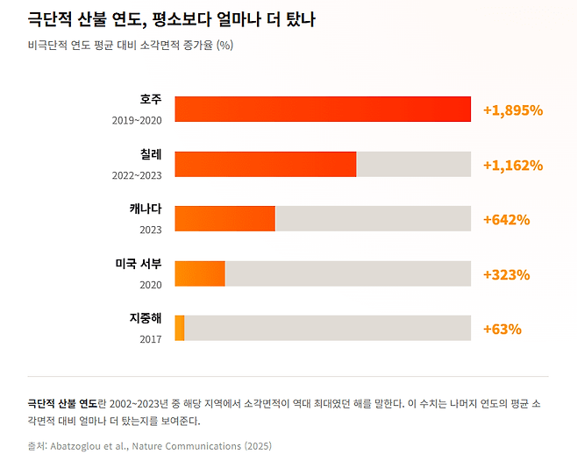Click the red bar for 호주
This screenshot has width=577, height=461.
point(323,110)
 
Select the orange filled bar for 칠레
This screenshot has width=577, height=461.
point(266,164)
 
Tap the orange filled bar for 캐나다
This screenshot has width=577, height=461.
point(225,218)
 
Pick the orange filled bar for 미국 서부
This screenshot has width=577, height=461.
point(200,273)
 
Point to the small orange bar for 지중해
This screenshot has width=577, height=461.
point(180,328)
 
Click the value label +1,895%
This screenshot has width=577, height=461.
point(513,110)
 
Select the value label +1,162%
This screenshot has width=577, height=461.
point(513,165)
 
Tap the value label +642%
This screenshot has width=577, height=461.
point(506,219)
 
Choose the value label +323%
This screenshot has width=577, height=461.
point(506,274)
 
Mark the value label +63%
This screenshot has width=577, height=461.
point(502,329)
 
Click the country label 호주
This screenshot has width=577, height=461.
point(151,100)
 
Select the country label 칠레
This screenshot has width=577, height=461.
point(151,154)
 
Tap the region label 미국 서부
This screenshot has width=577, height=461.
point(139,264)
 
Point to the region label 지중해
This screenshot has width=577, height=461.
point(146,318)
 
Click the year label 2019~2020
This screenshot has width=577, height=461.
point(137,120)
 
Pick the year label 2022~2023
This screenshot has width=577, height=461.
point(137,174)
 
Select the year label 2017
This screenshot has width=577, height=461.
point(151,338)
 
